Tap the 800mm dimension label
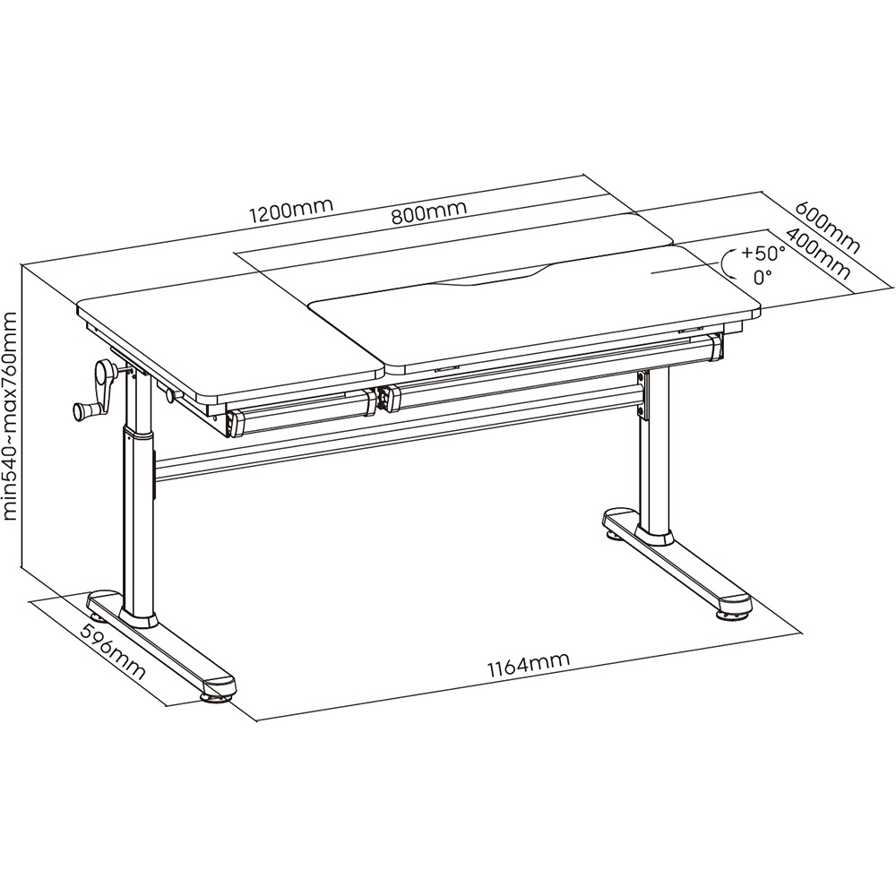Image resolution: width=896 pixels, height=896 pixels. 428,212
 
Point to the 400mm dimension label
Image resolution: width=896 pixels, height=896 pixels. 818,254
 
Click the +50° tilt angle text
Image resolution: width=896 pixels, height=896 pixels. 763,252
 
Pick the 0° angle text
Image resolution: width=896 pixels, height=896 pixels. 762,277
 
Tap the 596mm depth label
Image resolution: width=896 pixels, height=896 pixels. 113,652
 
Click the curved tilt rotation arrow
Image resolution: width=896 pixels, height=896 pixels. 725,264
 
